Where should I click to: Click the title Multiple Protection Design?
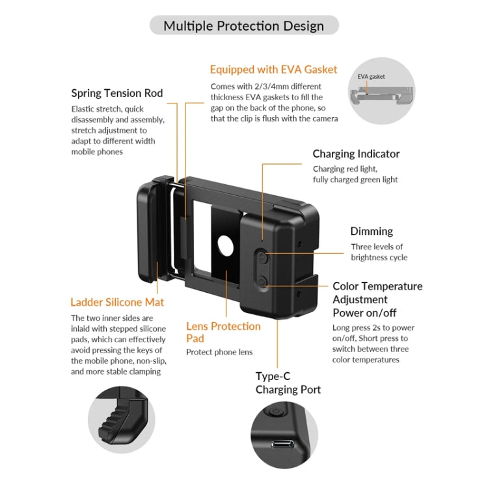point(243,26)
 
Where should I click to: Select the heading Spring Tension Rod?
point(116,93)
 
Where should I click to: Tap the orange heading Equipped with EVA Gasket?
point(273,69)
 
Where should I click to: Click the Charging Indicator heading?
point(356,154)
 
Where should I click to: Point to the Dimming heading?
point(372,231)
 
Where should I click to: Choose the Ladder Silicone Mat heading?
point(117,302)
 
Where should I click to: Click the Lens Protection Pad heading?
point(223,332)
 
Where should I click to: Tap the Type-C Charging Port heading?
point(288,383)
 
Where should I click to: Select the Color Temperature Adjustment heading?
point(377,293)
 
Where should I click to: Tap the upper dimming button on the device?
point(262,258)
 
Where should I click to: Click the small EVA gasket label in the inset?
point(371,76)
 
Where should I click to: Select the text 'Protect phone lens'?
point(219,352)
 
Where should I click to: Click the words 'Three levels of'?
point(377,247)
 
